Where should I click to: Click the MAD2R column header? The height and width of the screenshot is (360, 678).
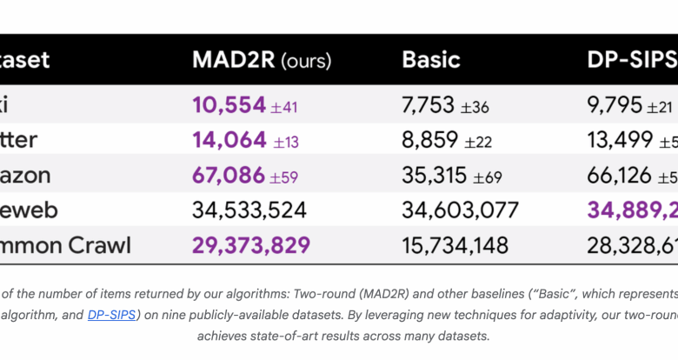(x=232, y=60)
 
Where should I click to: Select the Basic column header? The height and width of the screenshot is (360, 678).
(x=431, y=60)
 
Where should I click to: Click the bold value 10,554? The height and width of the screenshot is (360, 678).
(x=229, y=105)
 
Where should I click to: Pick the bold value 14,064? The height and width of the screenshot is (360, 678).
(x=229, y=140)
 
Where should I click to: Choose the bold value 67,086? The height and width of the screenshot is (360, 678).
(x=229, y=176)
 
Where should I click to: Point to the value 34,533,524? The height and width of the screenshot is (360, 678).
(x=250, y=210)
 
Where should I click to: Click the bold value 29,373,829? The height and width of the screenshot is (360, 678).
(x=250, y=245)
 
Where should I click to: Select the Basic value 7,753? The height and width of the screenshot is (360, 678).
(x=428, y=105)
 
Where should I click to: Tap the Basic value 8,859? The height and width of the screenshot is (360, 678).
(x=428, y=140)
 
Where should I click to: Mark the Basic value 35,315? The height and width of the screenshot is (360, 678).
(x=434, y=176)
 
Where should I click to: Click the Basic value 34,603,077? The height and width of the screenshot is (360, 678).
(x=460, y=210)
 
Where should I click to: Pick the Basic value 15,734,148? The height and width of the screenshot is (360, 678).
(x=455, y=245)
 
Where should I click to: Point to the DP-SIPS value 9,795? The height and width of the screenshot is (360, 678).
(x=615, y=105)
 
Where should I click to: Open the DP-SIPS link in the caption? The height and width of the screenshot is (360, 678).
(x=111, y=315)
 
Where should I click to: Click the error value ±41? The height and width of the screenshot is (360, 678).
(x=284, y=107)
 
